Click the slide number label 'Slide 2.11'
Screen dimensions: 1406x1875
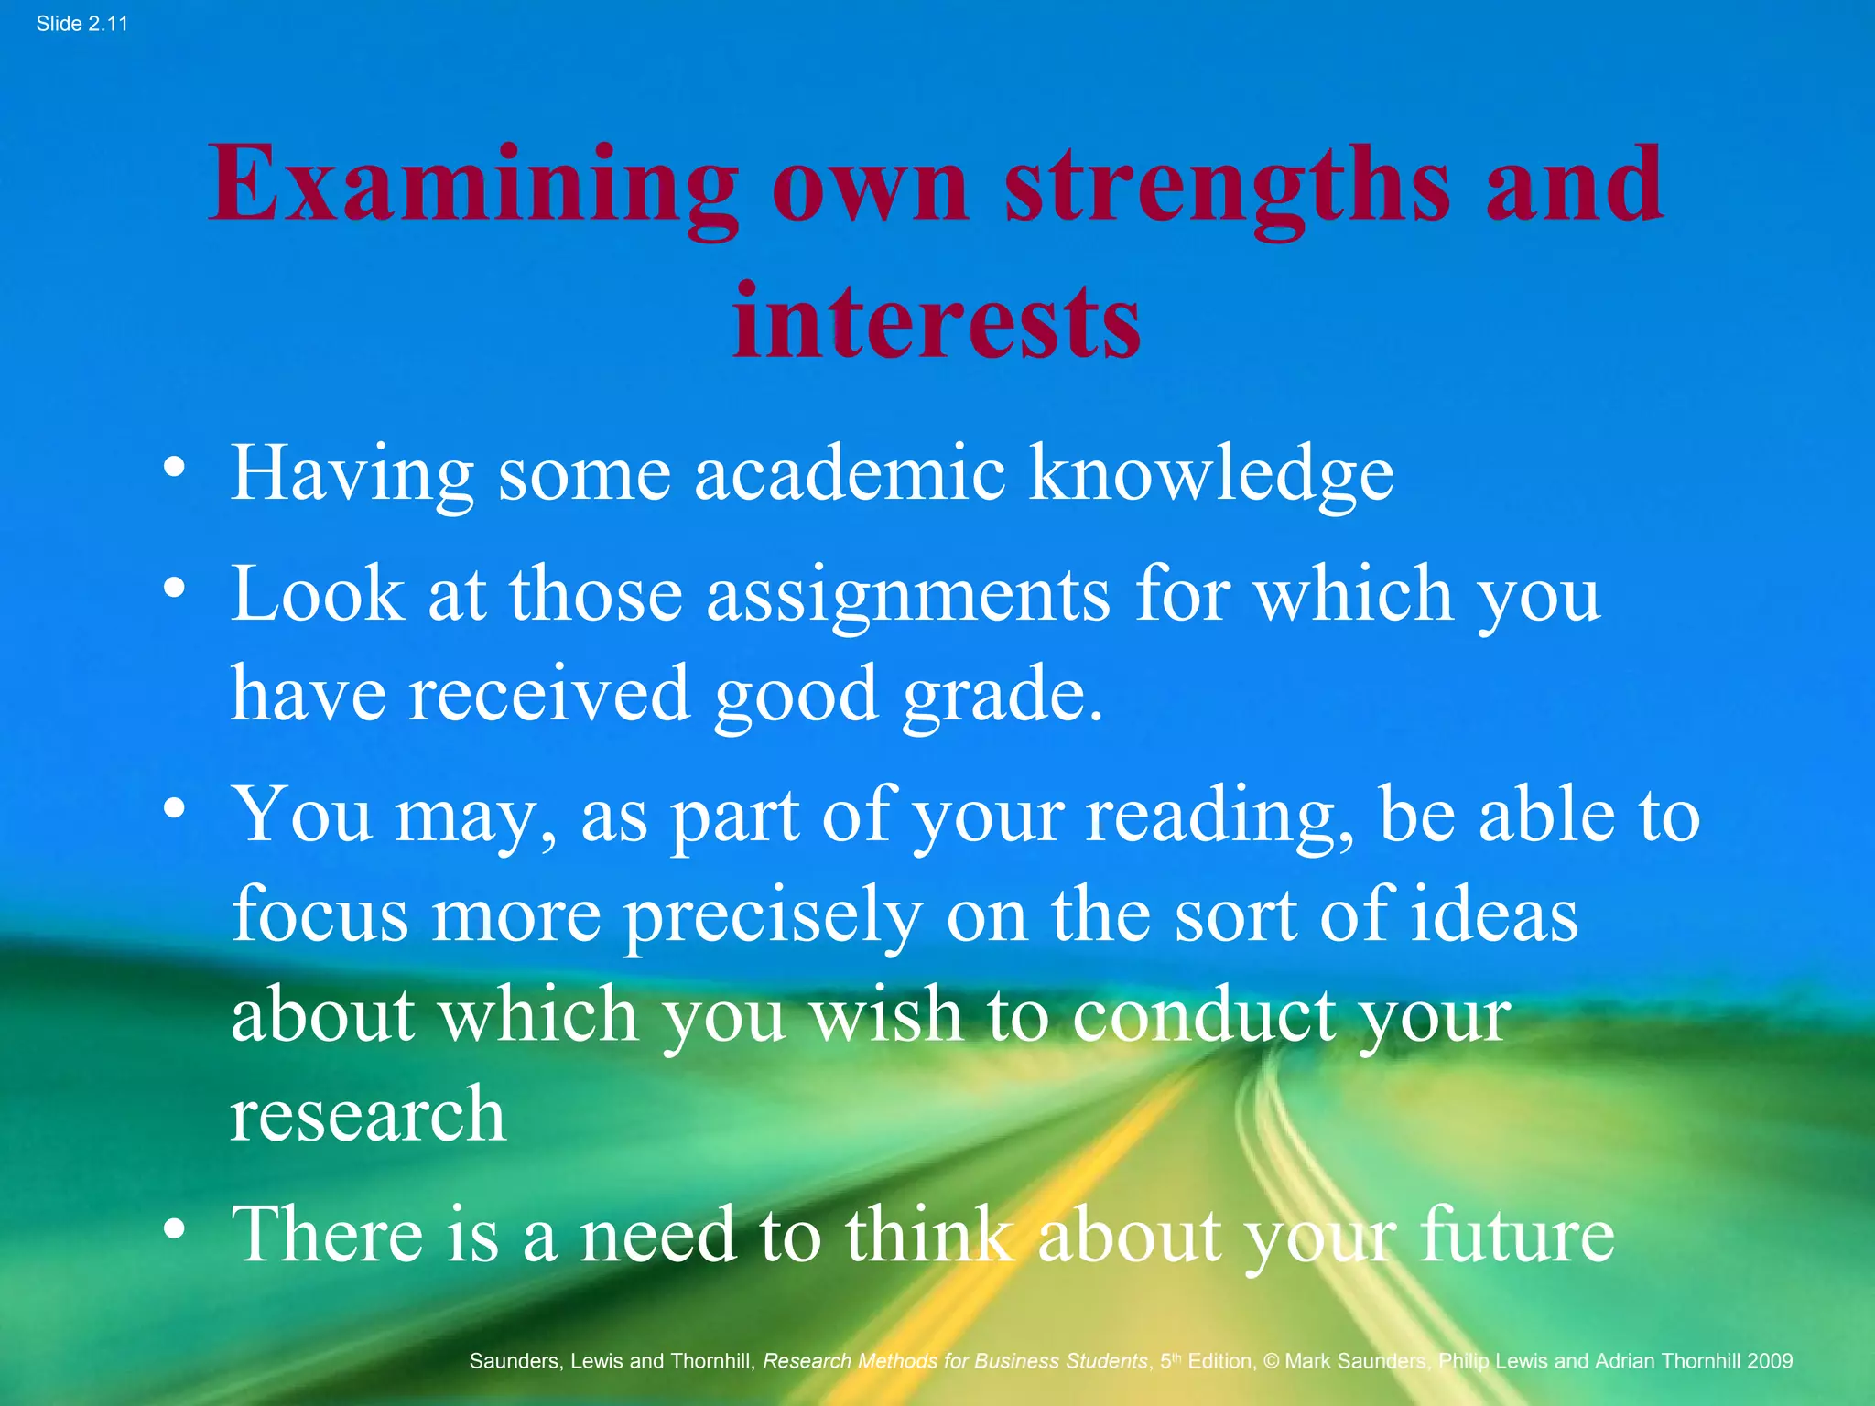coord(81,24)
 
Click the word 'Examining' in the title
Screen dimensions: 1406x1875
coord(472,186)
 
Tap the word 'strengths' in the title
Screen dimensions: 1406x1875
coord(1227,186)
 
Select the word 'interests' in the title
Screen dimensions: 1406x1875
coord(937,321)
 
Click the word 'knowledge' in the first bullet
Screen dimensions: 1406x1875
coord(1211,474)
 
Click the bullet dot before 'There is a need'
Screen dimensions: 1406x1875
coord(174,1228)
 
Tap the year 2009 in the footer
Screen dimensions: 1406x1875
coord(1769,1361)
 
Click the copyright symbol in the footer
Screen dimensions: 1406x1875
coord(1271,1361)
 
